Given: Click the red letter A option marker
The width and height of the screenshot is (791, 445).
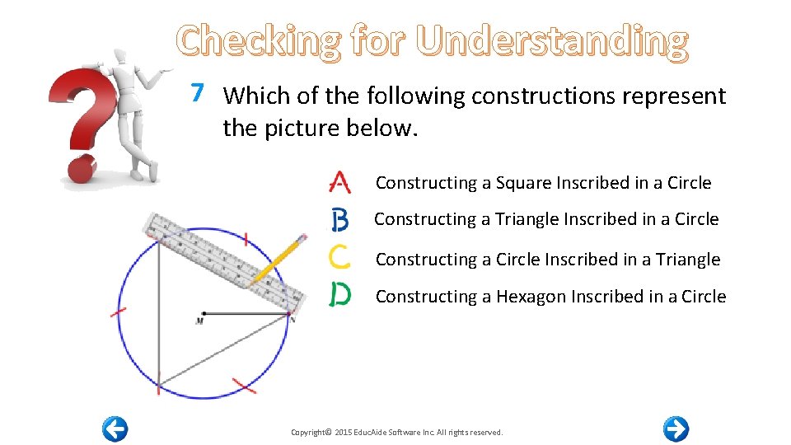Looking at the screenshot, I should [x=339, y=182].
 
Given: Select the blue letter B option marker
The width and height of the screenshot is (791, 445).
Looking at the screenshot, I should [x=339, y=220].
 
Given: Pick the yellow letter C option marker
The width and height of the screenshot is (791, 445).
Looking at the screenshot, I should [x=339, y=258].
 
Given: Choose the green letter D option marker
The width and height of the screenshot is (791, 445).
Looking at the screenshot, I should [x=339, y=294].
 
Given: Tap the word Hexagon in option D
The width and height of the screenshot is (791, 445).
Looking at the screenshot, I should [x=531, y=297].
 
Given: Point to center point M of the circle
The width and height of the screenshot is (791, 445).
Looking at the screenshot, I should [x=202, y=314].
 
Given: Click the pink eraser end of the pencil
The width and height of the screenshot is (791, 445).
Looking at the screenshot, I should [x=303, y=240].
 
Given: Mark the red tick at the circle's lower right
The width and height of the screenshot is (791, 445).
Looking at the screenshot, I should [x=243, y=385].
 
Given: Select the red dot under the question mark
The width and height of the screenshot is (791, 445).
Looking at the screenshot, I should [x=82, y=171].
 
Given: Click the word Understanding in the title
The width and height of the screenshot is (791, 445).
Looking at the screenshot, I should [x=552, y=41].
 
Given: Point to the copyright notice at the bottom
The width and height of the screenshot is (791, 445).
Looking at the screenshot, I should [x=396, y=432].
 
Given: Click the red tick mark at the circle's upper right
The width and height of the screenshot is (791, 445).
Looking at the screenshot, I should [x=245, y=239].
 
